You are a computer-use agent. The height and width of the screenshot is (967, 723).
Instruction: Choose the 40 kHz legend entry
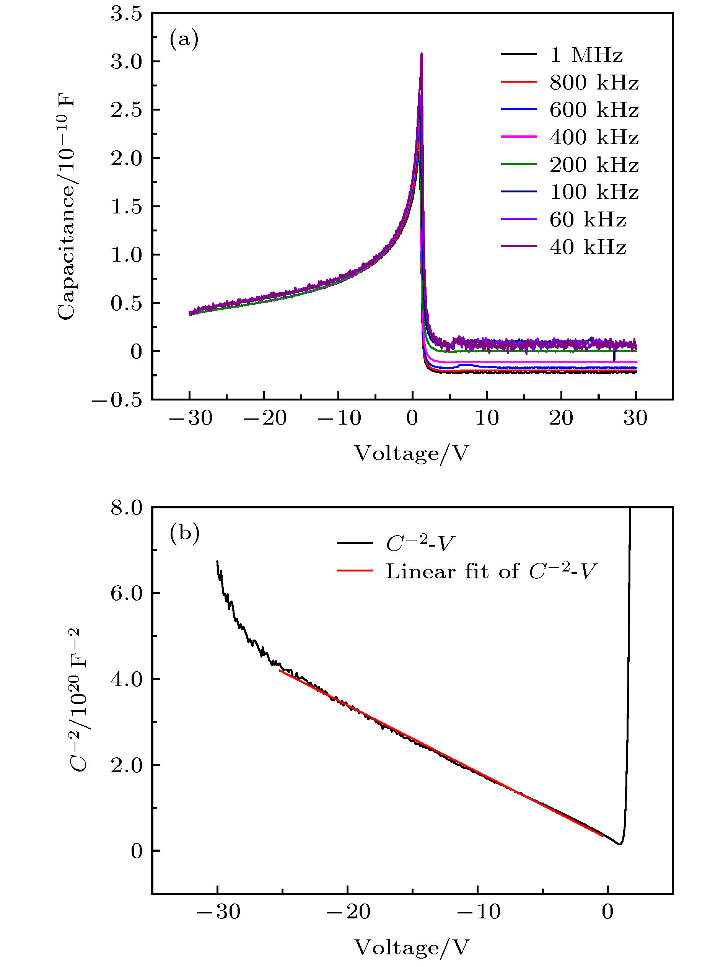point(588,247)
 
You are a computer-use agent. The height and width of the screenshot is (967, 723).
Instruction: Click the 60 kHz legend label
point(588,220)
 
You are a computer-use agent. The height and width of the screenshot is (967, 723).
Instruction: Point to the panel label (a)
point(184,39)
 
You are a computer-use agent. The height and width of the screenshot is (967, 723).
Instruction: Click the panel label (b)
point(184,533)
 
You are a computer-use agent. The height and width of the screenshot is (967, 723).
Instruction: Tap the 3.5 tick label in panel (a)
point(126,14)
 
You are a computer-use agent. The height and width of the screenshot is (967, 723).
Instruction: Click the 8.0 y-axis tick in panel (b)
point(126,508)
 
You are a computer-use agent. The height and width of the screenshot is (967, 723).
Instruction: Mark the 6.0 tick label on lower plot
point(126,594)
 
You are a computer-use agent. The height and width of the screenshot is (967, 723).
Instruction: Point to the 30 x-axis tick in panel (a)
point(635,418)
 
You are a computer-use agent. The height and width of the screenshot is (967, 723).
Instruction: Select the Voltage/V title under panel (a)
point(411,453)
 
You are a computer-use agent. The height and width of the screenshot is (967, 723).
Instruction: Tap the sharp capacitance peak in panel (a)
point(422,55)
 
